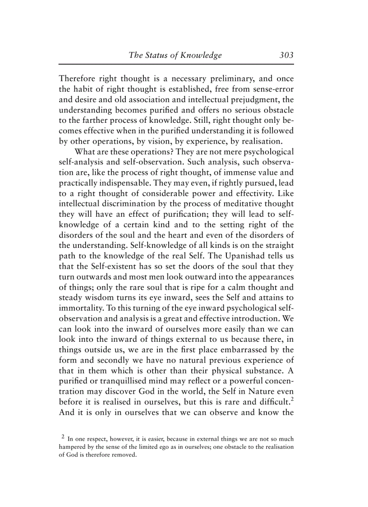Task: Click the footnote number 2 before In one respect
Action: tap(62, 437)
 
